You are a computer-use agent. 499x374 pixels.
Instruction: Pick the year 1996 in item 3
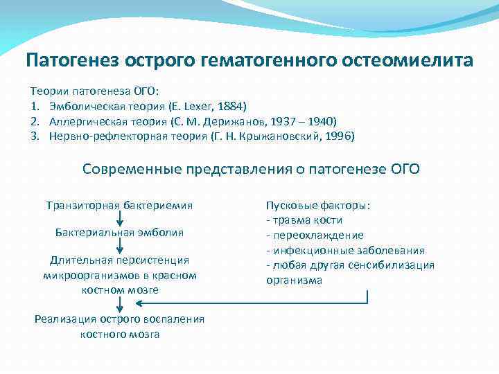(337, 136)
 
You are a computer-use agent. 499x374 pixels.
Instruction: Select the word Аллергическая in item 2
(85, 121)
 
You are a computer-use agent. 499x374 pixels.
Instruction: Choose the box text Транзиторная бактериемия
(119, 205)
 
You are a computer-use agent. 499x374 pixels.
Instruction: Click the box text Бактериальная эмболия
(119, 233)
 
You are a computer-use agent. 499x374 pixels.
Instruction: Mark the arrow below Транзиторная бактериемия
(120, 219)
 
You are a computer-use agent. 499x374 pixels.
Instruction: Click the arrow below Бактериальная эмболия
(120, 247)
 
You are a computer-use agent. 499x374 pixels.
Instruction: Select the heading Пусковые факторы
(318, 206)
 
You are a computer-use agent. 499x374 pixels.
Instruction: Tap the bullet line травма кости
(305, 220)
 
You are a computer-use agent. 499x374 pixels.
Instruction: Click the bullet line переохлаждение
(315, 235)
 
